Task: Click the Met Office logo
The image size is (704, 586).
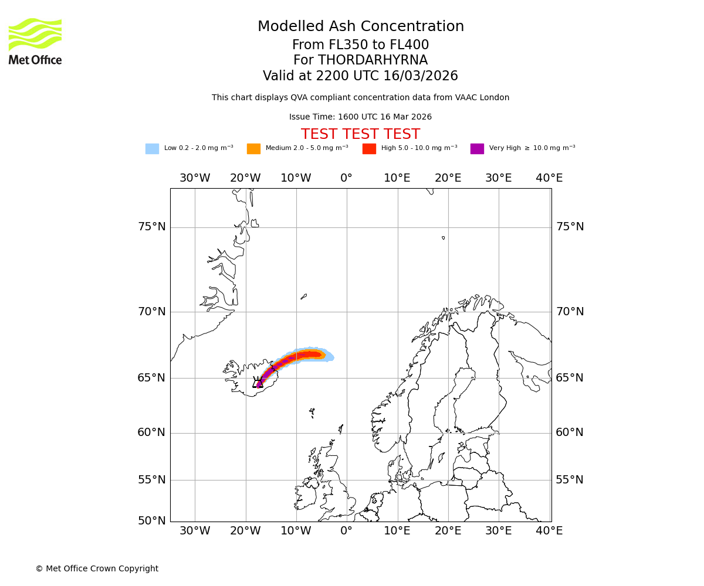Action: point(35,41)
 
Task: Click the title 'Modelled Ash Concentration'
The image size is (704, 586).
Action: point(360,27)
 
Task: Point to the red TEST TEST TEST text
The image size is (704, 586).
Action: point(360,134)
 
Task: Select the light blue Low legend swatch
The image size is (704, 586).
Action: point(152,149)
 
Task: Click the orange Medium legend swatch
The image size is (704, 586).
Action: point(253,149)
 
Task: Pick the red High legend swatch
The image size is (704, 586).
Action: point(369,149)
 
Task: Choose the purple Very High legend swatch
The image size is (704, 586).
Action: point(477,149)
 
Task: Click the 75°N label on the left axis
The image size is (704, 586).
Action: point(151,227)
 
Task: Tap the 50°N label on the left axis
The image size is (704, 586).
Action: point(151,520)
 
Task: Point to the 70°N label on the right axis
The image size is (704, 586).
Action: point(570,312)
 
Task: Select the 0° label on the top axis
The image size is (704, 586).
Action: point(346,178)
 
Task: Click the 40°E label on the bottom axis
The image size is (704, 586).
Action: point(549,531)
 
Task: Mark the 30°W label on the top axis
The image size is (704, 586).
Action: point(195,178)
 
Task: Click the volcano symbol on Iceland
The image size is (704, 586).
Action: point(258,382)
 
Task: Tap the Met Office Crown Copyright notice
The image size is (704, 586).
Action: point(97,568)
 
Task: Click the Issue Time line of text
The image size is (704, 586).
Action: point(360,117)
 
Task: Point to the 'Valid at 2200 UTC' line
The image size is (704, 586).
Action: point(360,76)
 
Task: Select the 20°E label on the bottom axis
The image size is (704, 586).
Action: point(448,531)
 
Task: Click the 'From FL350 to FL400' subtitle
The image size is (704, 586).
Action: point(360,45)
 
